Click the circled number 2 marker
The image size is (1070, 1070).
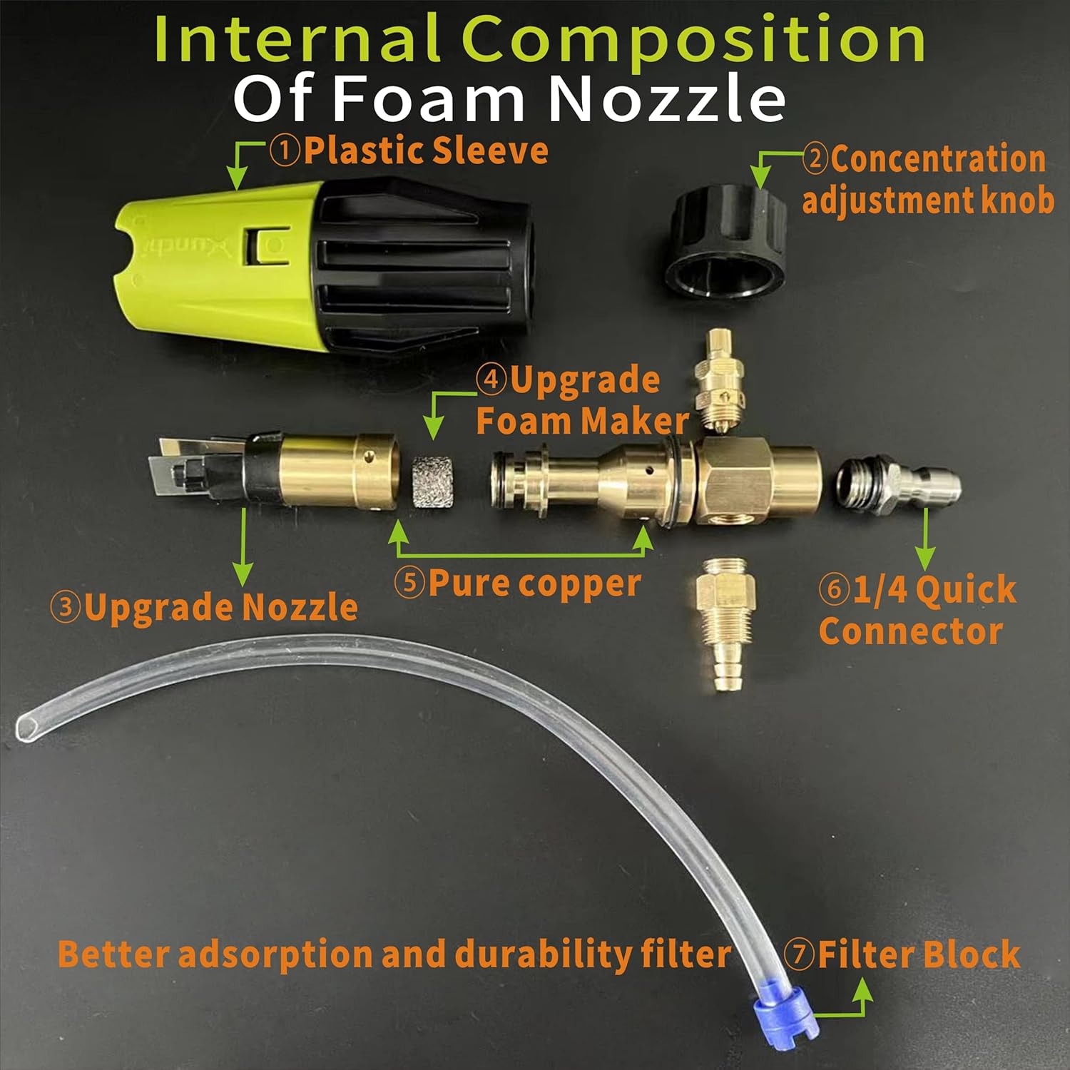tap(815, 158)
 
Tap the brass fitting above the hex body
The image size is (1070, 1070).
tap(723, 382)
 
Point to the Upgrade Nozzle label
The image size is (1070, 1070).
tap(204, 607)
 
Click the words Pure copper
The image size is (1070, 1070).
tap(534, 583)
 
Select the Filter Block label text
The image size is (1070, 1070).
tap(919, 954)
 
